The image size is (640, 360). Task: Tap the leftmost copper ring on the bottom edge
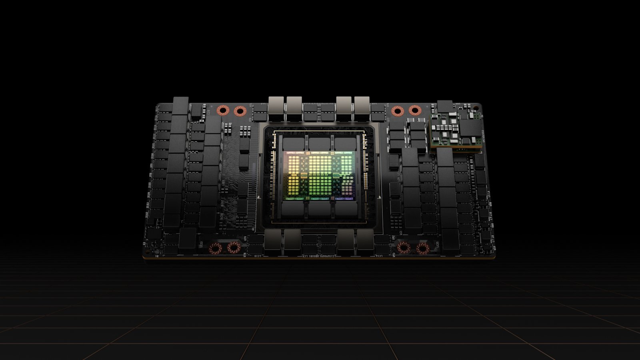pos(215,248)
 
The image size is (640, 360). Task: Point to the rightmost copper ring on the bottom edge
pos(422,248)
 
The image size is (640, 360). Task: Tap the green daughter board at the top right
pos(456,130)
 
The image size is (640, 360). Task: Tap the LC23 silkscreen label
pos(201,243)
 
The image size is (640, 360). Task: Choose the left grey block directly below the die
pos(294,209)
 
